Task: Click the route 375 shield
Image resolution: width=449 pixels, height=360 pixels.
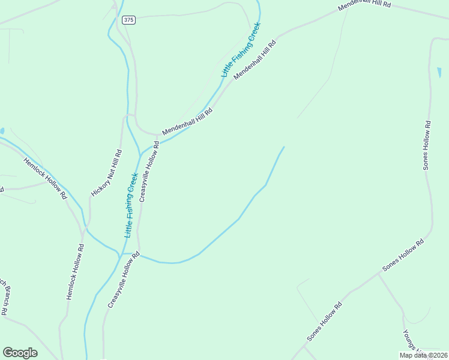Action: (x=128, y=20)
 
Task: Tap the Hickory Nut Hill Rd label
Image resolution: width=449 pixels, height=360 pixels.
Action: (x=107, y=173)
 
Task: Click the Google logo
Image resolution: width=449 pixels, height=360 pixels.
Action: (x=20, y=353)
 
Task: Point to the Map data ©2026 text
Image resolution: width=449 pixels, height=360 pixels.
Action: (x=423, y=355)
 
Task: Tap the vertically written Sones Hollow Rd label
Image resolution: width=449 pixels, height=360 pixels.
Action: (x=427, y=146)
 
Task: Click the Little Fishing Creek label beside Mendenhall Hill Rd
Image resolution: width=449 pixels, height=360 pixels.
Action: (x=241, y=50)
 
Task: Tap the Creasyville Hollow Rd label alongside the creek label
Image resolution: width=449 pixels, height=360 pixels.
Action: (x=149, y=172)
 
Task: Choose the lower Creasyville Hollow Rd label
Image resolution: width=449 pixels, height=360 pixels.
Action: (x=124, y=280)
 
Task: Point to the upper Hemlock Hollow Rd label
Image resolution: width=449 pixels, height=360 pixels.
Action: (x=45, y=178)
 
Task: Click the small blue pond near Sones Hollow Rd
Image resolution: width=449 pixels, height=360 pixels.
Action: (x=439, y=72)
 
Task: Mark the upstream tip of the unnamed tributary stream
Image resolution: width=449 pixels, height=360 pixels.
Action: (x=284, y=146)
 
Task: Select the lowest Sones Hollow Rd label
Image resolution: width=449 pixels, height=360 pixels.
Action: (x=325, y=322)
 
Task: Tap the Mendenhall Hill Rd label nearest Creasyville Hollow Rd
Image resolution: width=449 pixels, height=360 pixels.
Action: (x=187, y=121)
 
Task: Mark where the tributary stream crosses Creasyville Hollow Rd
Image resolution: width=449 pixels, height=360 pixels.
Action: (x=139, y=255)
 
